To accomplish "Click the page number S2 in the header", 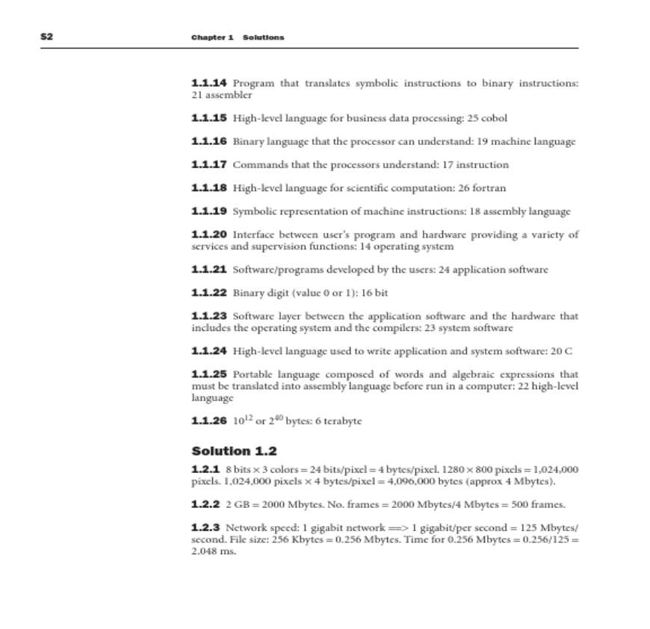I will click(x=46, y=37).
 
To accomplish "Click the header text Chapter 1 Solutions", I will click(x=237, y=37).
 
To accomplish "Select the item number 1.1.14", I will click(x=209, y=82).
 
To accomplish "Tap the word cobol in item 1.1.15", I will click(x=495, y=118).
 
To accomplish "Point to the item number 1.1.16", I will click(x=209, y=141).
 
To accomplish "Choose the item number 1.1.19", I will click(x=209, y=211).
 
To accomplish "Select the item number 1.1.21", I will click(x=209, y=269).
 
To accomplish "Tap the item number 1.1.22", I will click(x=209, y=292).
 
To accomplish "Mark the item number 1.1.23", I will click(x=209, y=316).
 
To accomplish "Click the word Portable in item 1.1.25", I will click(x=254, y=374).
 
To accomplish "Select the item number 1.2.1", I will click(x=205, y=468).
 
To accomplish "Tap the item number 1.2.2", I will click(x=205, y=503).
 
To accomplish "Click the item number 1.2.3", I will click(x=205, y=527).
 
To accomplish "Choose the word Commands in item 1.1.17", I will click(x=258, y=164).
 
